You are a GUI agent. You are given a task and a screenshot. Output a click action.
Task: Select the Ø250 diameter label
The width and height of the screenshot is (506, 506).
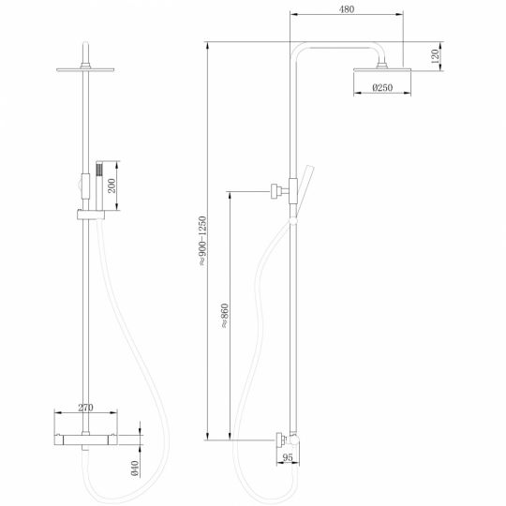(x=384, y=88)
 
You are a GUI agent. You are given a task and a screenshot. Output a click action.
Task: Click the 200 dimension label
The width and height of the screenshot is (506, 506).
(x=113, y=185)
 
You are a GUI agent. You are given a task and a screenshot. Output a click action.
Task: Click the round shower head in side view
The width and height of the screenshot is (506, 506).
(x=384, y=69)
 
